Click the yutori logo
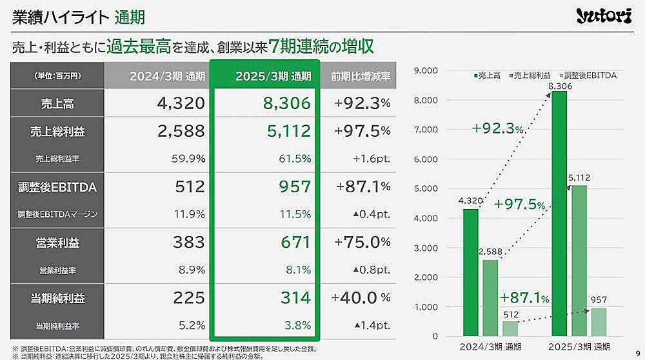[604, 16]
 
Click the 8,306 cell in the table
[286, 103]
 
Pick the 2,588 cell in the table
[180, 132]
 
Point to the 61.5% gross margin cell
[295, 158]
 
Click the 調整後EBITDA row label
[57, 187]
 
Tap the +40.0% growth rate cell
[361, 298]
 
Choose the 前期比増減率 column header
[361, 76]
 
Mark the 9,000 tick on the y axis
[425, 70]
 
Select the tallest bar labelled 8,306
[559, 213]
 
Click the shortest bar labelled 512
[510, 328]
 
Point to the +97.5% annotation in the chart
[519, 205]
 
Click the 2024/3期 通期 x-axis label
[481, 348]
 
